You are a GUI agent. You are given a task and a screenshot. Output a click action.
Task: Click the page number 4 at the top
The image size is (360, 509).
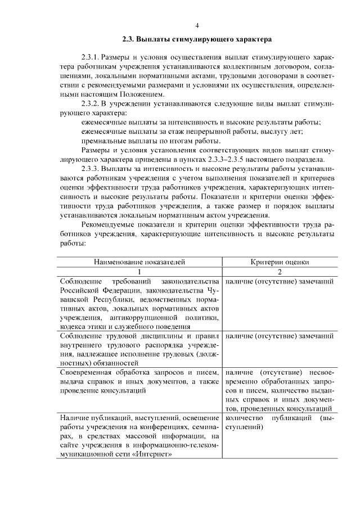pos(197,25)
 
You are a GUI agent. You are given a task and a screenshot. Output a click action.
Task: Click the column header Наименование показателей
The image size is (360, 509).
pos(139,262)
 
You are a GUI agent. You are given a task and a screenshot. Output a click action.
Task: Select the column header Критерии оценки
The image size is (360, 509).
pos(279,262)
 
